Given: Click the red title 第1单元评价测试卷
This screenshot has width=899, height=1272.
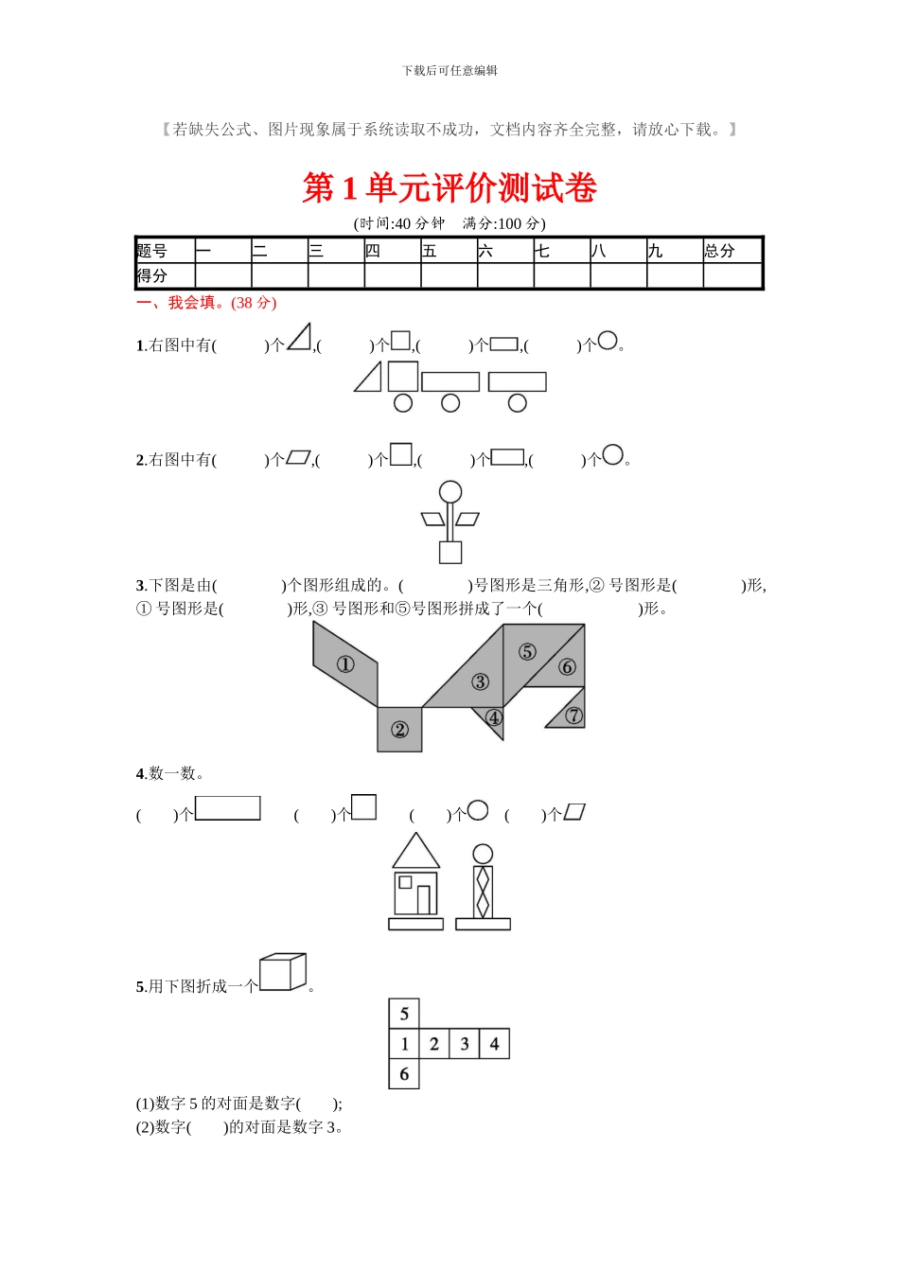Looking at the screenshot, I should tap(449, 188).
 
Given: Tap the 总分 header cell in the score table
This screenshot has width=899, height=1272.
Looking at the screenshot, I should tap(732, 251).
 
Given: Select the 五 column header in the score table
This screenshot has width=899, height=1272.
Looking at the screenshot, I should tap(448, 251).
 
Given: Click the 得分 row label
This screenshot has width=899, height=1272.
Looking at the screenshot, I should tap(164, 275).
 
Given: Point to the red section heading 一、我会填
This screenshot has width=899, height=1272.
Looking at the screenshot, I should tap(206, 303).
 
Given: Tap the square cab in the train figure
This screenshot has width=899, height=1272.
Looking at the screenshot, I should tap(403, 376).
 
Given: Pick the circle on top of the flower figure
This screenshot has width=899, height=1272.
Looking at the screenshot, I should tap(450, 492).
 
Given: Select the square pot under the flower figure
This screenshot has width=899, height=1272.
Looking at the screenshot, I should tap(450, 552).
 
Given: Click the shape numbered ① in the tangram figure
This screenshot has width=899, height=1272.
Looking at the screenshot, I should tap(345, 664).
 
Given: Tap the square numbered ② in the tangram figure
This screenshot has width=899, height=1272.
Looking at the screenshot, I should tap(399, 730).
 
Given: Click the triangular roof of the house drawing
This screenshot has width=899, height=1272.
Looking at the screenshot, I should tap(415, 853).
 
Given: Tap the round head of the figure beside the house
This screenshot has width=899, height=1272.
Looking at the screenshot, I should tap(483, 854).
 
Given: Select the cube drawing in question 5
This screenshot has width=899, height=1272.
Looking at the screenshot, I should tap(282, 972).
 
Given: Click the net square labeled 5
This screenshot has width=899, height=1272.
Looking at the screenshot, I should tap(404, 1014).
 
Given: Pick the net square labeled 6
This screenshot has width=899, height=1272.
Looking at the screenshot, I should tap(404, 1074).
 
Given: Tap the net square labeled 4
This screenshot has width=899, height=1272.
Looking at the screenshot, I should tap(494, 1044).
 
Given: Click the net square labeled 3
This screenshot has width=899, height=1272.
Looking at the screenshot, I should tap(464, 1044).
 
